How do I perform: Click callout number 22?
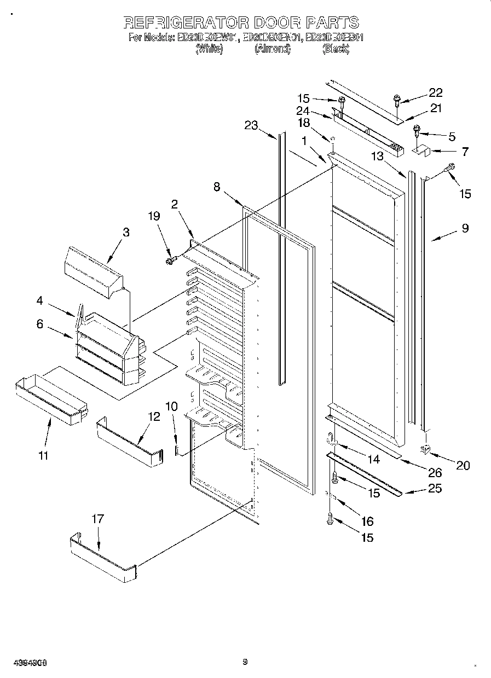pyautogui.click(x=436, y=92)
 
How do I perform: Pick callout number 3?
pyautogui.click(x=126, y=231)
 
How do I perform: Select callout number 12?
pyautogui.click(x=154, y=416)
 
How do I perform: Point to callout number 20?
pyautogui.click(x=463, y=466)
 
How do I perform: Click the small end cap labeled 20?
pyautogui.click(x=425, y=450)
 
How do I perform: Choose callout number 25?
pyautogui.click(x=434, y=488)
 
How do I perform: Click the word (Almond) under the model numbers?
pyautogui.click(x=272, y=49)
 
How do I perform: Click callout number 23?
pyautogui.click(x=251, y=125)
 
